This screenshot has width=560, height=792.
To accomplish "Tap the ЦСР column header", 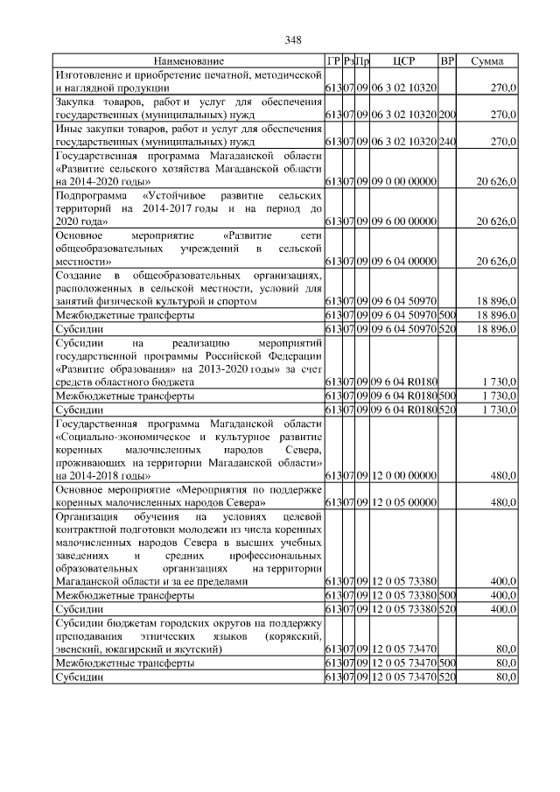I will pos(403,61).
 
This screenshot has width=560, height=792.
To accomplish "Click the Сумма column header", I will pos(486,61).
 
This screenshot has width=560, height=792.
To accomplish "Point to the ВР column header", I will pos(447,61).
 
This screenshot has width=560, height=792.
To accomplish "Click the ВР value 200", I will pos(447,114).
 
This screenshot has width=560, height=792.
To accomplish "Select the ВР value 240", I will pos(447,140).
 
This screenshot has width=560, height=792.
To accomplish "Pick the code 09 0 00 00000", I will pos(403,180).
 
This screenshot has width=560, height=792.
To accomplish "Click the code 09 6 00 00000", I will pos(403,221).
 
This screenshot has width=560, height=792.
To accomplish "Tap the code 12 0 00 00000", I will pos(403,475).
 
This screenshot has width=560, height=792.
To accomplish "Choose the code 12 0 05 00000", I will pos(403,503).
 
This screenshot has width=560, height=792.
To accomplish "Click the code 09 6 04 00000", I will pos(403,261).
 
